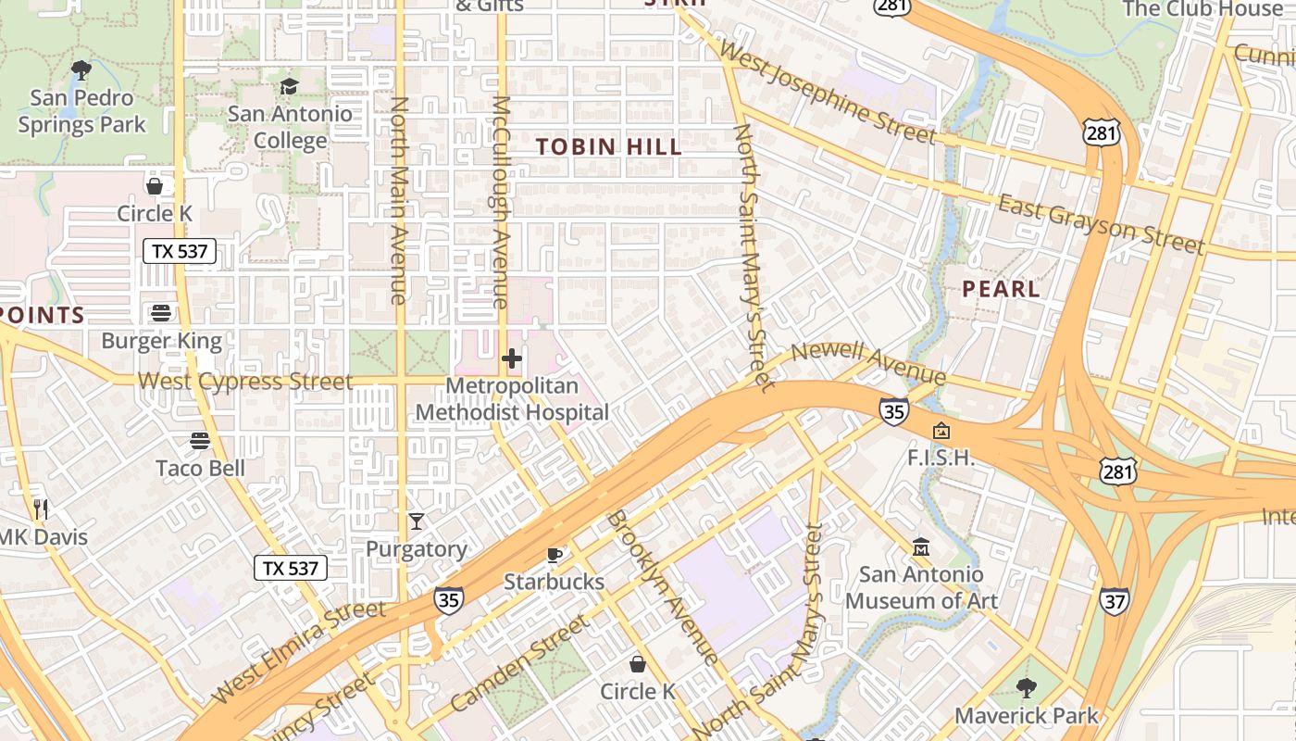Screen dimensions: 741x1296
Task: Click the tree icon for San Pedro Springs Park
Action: point(81,69)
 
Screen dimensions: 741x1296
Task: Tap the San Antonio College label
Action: point(290,127)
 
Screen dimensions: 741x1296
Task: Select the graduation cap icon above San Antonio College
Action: point(290,86)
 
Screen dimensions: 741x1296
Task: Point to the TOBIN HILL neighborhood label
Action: point(609,146)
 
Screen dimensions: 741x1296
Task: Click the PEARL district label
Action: point(1001,289)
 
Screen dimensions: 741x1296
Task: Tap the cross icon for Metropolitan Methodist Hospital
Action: point(512,358)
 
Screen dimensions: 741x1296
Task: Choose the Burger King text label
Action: point(162,341)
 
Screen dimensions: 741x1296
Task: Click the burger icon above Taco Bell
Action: point(200,440)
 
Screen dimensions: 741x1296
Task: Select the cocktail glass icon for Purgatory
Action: point(417,521)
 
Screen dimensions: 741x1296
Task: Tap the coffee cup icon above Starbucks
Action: point(555,555)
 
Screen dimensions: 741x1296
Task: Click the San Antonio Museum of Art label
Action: point(921,587)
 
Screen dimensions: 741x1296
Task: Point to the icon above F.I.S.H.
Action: point(941,431)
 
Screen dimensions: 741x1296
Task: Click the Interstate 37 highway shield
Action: point(1114,601)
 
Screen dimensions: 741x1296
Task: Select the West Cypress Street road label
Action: point(245,382)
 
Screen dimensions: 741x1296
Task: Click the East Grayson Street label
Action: point(1102,224)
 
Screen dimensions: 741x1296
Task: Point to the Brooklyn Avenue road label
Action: point(662,588)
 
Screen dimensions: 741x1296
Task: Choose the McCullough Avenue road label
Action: point(500,202)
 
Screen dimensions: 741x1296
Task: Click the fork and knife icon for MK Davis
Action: point(40,509)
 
